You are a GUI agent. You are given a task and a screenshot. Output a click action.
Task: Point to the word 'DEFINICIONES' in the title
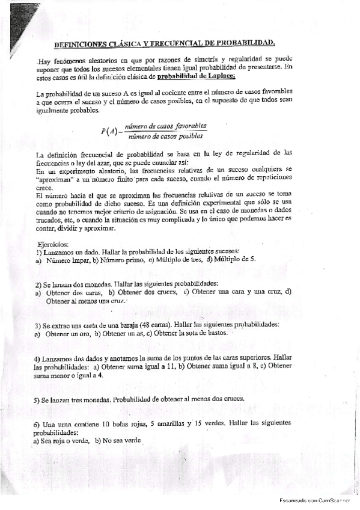coord(79,44)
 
